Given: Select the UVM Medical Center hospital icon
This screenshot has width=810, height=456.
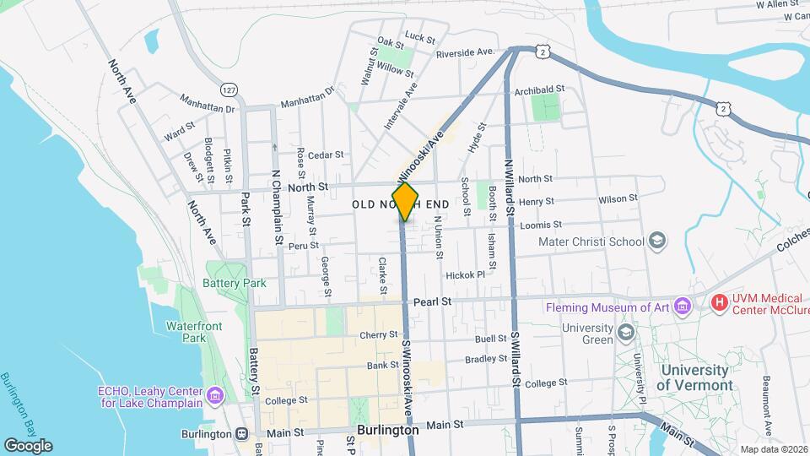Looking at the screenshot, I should [719, 302].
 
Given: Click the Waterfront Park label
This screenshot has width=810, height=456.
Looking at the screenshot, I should [186, 331].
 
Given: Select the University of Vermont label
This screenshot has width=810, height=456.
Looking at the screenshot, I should [695, 377].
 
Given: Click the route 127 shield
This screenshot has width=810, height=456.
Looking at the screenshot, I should [229, 89].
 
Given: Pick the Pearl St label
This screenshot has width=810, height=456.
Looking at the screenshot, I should [433, 301].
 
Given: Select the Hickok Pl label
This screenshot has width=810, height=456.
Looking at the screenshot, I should [466, 275].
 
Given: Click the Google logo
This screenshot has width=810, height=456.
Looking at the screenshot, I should [28, 445].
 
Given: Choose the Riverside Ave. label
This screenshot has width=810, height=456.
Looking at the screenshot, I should [465, 52].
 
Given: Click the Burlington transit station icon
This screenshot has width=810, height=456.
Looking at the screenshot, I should [241, 434].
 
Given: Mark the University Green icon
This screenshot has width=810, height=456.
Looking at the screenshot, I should [625, 332].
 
